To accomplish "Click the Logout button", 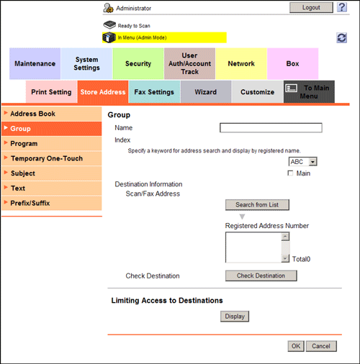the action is [311, 8].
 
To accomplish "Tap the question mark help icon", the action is [342, 7].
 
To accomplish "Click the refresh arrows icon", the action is [341, 38].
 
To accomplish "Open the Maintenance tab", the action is [35, 63].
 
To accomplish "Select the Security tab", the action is [138, 63].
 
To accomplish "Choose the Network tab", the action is [241, 63].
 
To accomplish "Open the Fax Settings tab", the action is [154, 92].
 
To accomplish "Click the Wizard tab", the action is [206, 92].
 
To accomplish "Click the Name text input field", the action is [271, 128].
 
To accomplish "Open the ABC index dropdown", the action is [302, 162].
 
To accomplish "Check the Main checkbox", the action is [290, 173].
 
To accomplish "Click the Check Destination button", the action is [261, 276].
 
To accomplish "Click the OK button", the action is [296, 346].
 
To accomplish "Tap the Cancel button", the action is [321, 346].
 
